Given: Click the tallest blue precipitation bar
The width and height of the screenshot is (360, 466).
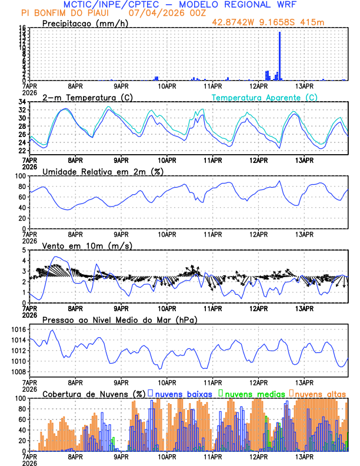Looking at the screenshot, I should tap(279, 56).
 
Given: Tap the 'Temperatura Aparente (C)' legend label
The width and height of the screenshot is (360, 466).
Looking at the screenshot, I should tap(265, 97).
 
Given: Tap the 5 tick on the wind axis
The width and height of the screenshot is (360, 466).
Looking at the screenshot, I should tap(24, 251).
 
